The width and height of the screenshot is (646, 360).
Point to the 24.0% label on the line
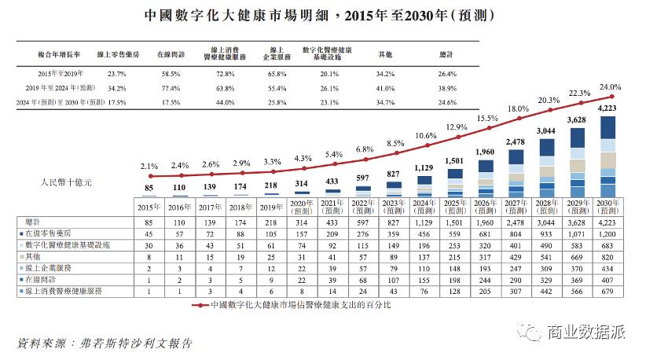click(x=610, y=87)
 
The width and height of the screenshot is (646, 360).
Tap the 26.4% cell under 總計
click(x=445, y=72)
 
